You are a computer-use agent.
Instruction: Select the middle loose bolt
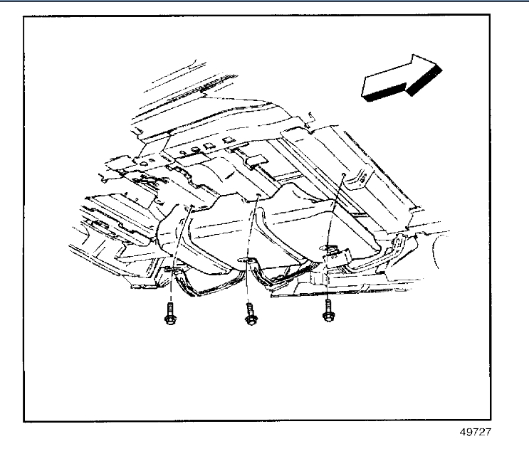[250, 314]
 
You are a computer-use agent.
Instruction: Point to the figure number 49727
[476, 431]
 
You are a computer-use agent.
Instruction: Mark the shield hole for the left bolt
[192, 207]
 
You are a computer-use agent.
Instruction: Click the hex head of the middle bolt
[250, 319]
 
